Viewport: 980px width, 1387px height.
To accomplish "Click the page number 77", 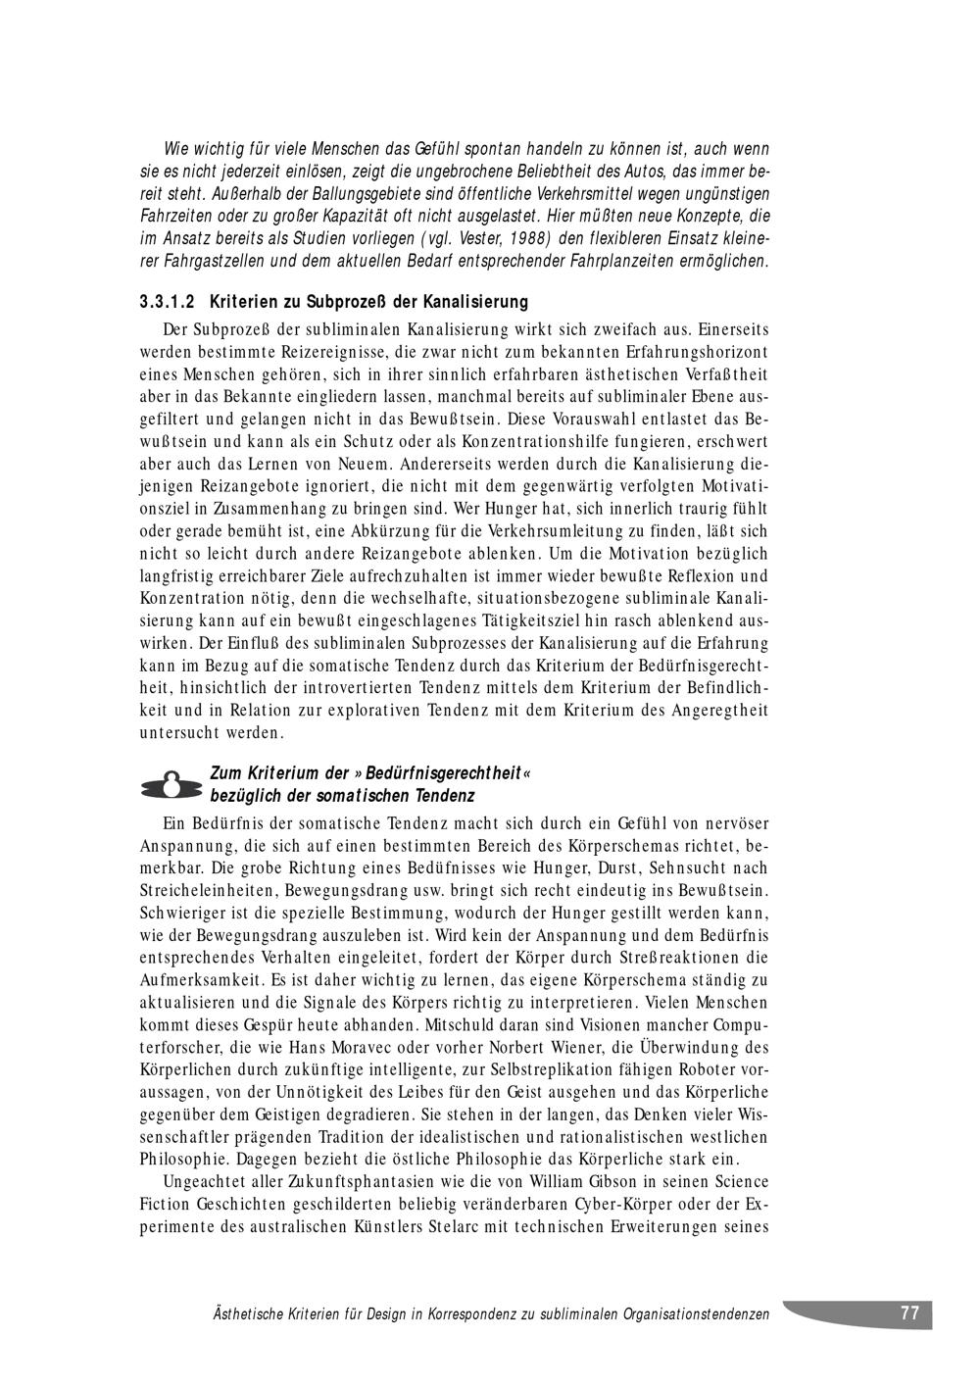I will [909, 1313].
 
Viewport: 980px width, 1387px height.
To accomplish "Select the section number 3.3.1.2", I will [169, 301].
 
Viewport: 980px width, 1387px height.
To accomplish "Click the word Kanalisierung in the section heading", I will [475, 301].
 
